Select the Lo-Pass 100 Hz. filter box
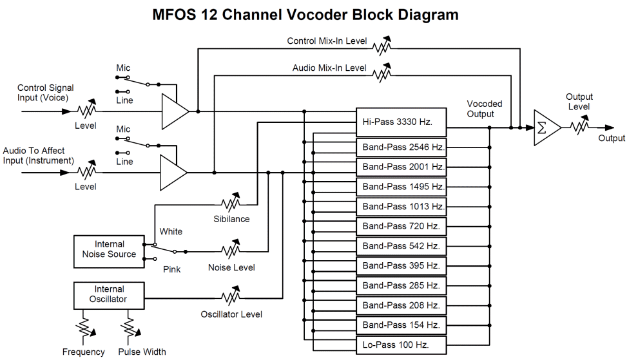pos(400,345)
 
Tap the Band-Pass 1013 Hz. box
pos(400,206)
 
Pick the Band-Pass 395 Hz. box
pos(400,265)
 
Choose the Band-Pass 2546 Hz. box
pos(400,147)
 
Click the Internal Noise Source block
pos(109,249)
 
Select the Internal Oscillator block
pos(109,294)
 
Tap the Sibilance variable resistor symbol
pos(230,203)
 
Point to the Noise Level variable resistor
pos(230,251)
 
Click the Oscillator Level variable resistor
pos(230,298)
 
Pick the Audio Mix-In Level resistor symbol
pos(382,74)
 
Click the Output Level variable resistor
pos(578,128)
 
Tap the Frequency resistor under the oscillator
pos(83,328)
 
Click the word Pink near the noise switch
pos(171,269)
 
